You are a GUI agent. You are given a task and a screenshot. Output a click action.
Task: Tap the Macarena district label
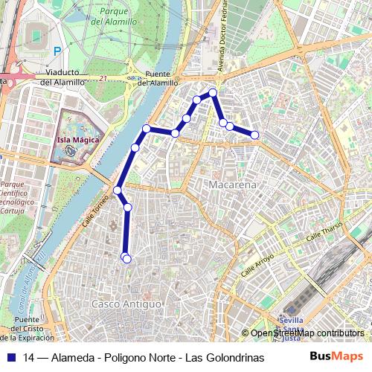coord(233,184)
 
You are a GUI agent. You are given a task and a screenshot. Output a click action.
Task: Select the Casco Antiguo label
coord(126,304)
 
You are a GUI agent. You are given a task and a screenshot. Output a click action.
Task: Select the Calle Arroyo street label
coord(257,266)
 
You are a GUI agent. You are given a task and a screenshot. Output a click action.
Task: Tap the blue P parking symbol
coord(57,51)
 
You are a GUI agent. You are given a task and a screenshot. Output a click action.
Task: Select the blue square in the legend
coord(11,357)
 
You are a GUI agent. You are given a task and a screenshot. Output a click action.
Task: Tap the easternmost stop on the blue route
coord(255,135)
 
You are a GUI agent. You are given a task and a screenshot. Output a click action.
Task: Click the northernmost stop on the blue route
coord(213,93)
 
